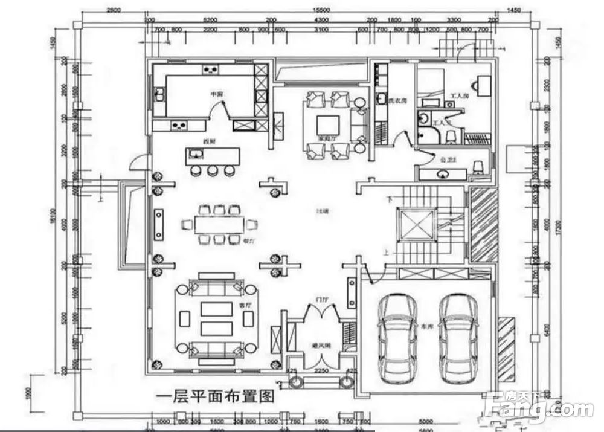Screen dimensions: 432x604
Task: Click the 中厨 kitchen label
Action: [217, 94]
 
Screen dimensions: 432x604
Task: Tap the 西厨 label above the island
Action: [210, 141]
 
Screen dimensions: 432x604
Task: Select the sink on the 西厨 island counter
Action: [196, 155]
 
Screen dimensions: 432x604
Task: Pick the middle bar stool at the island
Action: [212, 170]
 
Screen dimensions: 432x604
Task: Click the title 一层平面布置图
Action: [216, 396]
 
